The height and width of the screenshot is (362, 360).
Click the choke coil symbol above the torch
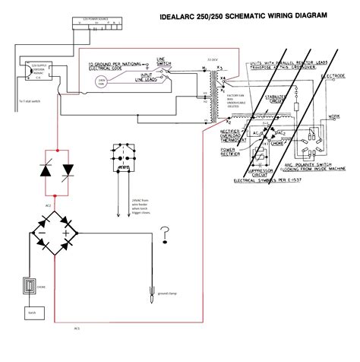pos(29,291)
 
